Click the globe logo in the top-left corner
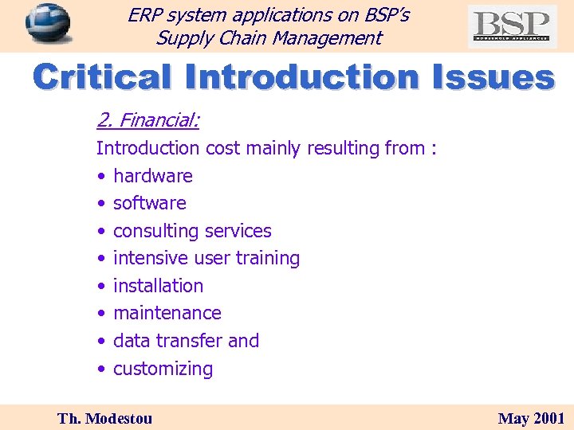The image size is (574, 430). click(48, 23)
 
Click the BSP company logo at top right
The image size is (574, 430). click(512, 26)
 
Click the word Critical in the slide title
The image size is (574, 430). click(103, 78)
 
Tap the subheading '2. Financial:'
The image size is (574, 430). click(147, 120)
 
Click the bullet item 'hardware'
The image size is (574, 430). click(153, 176)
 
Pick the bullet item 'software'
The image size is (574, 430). click(150, 203)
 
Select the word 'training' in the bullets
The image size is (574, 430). click(268, 259)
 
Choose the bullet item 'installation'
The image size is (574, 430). click(159, 286)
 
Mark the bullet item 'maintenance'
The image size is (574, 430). click(167, 313)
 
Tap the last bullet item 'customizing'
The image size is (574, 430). click(163, 369)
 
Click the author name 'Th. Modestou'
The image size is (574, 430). click(104, 418)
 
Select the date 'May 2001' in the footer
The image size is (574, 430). click(531, 418)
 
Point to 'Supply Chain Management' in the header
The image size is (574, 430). click(269, 37)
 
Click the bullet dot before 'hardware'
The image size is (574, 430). click(101, 176)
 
